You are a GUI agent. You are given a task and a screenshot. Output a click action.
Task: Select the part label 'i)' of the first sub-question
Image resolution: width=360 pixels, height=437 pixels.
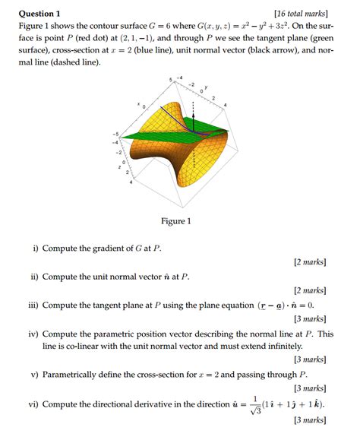coord(36,249)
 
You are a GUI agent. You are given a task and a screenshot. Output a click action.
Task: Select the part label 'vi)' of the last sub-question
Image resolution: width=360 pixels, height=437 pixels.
coord(33,404)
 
